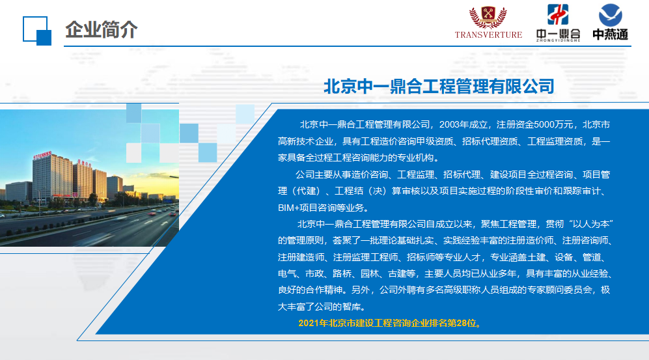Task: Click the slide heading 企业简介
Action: click(101, 30)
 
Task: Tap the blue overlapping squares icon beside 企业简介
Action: click(37, 31)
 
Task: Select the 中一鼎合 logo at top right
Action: click(558, 23)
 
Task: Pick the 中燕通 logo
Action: click(610, 22)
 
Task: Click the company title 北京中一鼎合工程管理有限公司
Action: click(439, 86)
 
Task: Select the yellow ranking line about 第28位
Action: click(390, 323)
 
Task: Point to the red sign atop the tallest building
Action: click(42, 155)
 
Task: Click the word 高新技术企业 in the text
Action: click(305, 141)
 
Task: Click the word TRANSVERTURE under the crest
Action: click(488, 35)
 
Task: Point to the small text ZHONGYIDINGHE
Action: click(558, 40)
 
